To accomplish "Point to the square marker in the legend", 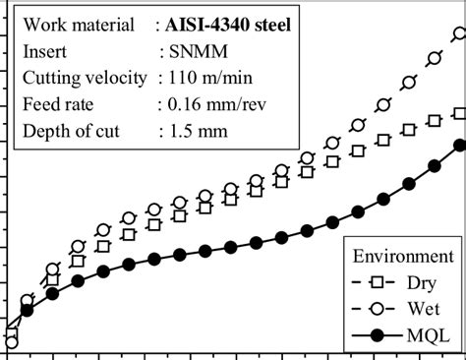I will click(378, 283).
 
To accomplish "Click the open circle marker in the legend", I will click(378, 310).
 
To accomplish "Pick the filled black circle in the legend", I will click(378, 336).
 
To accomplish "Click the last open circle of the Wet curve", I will click(458, 34).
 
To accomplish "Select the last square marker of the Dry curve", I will click(459, 114).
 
